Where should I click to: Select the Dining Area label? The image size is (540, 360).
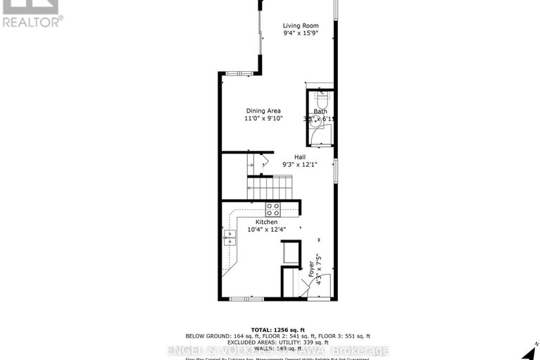(263, 111)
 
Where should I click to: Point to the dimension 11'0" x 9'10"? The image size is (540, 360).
(263, 119)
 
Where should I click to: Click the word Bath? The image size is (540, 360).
(320, 111)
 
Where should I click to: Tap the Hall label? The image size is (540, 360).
(300, 157)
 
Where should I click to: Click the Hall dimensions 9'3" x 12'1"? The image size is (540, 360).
(300, 166)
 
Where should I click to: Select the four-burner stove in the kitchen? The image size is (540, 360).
(272, 209)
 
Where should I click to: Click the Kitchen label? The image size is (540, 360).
(257, 221)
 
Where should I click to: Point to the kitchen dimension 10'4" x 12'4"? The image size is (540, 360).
(257, 229)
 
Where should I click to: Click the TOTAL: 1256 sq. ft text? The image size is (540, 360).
(270, 329)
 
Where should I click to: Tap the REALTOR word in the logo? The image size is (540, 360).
(32, 21)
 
